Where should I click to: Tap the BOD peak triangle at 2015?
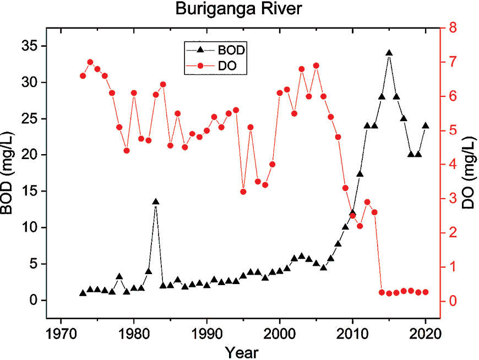389,53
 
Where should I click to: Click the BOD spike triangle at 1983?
156,202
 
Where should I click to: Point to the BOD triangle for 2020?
425,126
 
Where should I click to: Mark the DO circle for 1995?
243,192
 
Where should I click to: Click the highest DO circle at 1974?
90,62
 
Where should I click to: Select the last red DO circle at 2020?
425,292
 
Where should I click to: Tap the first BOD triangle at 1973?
83,293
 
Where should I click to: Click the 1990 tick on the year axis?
206,335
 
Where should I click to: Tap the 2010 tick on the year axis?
352,335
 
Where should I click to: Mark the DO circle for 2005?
316,66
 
